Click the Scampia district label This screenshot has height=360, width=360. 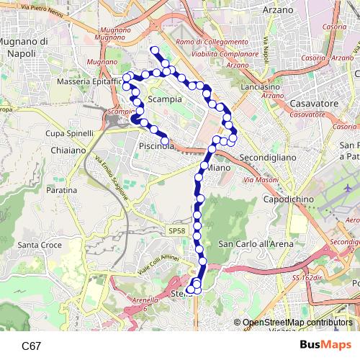click(165, 99)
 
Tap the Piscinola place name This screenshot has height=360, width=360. click(158, 146)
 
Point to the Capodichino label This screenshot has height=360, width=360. click(287, 198)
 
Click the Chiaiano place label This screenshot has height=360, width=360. click(68, 150)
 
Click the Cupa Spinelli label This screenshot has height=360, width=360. click(70, 134)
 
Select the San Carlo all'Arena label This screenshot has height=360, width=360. click(255, 244)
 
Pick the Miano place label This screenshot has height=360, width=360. click(219, 168)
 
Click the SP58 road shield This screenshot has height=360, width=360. click(177, 230)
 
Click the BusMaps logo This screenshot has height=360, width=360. click(320, 345)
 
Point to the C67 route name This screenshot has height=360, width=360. click(31, 346)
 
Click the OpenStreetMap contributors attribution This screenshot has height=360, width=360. click(297, 323)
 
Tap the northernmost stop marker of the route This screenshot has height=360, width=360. click(153, 50)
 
